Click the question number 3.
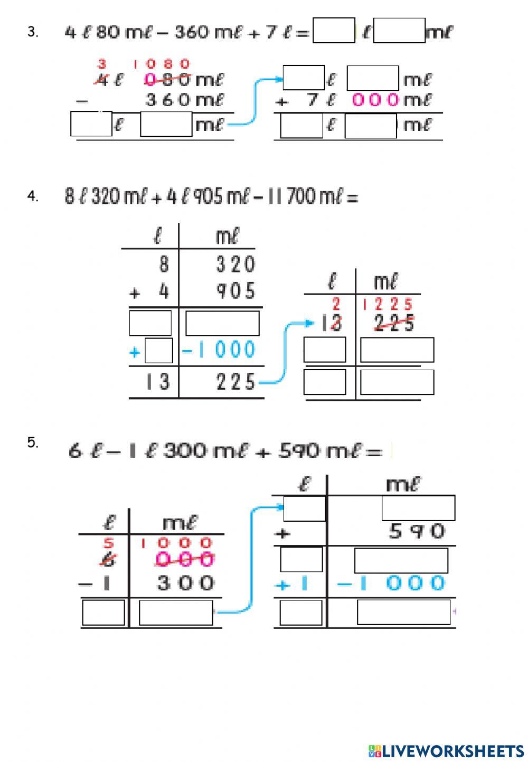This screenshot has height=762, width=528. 33,32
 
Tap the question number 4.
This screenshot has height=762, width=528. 33,196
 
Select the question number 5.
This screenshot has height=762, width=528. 33,443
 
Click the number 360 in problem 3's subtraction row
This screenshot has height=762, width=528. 167,100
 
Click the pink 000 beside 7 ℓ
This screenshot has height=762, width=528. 375,100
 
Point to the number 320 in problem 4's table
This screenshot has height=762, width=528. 235,264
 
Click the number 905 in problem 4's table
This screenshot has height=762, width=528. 235,291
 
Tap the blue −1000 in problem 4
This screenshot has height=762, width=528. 219,350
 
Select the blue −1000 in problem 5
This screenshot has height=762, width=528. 391,583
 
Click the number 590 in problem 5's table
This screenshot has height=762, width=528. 417,531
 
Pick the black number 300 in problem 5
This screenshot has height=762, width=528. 185,583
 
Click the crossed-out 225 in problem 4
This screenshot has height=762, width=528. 394,323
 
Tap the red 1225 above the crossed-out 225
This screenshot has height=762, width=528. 388,305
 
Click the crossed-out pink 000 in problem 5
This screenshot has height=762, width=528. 185,559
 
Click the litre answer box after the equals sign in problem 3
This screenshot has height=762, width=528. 334,30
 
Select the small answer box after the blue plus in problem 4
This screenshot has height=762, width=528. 159,351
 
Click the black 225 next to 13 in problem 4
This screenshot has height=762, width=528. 235,381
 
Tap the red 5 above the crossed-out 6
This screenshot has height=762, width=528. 109,543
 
